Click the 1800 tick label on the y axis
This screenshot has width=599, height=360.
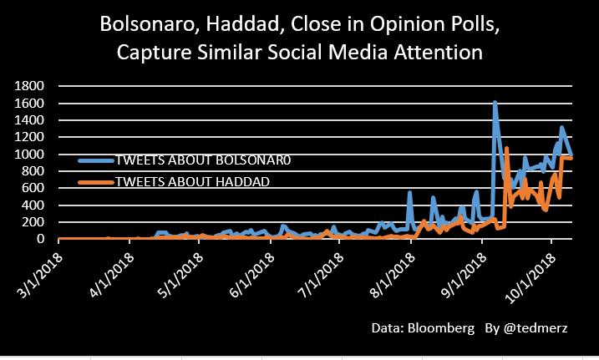[x=30, y=86]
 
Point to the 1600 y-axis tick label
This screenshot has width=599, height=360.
[x=30, y=103]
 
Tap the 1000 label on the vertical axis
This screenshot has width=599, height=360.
[x=30, y=155]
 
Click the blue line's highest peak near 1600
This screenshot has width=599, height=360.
[x=495, y=103]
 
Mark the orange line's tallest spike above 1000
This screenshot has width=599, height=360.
[x=507, y=149]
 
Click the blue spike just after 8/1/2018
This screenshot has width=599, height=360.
[x=410, y=193]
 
